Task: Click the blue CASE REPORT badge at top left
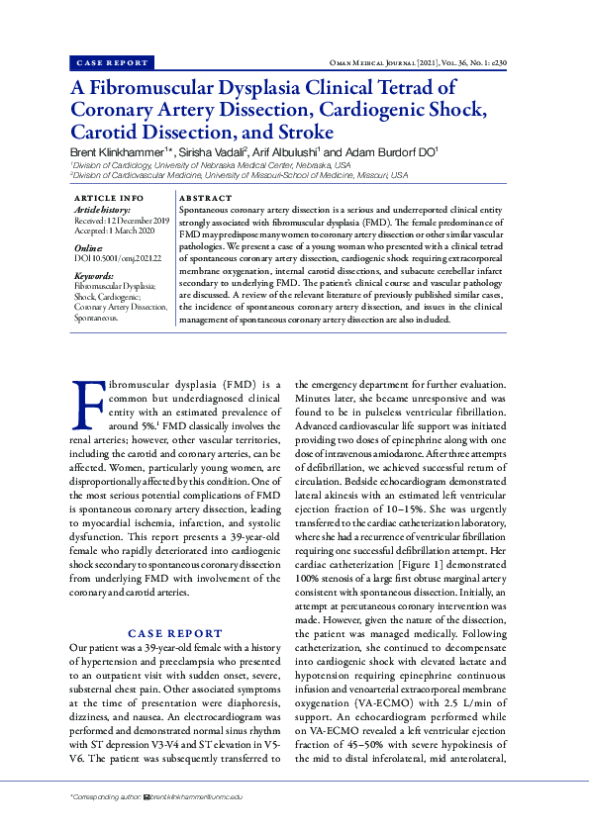coord(112,62)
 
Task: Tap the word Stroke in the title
coord(301,132)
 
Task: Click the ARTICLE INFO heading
coord(109,199)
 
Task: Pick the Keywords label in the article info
coord(94,276)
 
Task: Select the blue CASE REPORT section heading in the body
coord(175,632)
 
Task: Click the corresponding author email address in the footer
coord(197,795)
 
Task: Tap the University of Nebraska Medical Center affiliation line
coord(210,165)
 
